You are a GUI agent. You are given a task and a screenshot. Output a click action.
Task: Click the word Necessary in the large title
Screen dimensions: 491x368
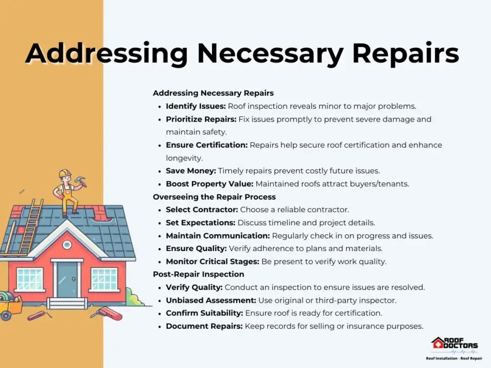pyautogui.click(x=270, y=54)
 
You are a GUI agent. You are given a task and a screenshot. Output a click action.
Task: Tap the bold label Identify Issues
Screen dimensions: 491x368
pyautogui.click(x=196, y=106)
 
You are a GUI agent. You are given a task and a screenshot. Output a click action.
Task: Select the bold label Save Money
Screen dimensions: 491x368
pyautogui.click(x=191, y=171)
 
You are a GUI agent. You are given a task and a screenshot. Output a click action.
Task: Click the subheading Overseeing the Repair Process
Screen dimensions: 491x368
pyautogui.click(x=214, y=197)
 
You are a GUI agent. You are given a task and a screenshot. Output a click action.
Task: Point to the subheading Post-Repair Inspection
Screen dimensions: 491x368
pyautogui.click(x=199, y=274)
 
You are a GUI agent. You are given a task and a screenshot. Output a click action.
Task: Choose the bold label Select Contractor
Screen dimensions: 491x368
pyautogui.click(x=202, y=210)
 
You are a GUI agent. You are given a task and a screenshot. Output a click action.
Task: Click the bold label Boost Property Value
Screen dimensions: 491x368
pyautogui.click(x=210, y=184)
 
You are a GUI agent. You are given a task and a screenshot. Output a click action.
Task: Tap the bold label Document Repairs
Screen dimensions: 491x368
pyautogui.click(x=204, y=326)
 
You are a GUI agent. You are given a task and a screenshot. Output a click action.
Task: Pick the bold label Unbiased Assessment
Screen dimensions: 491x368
pyautogui.click(x=211, y=300)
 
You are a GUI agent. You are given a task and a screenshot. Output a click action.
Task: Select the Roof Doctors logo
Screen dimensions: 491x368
pyautogui.click(x=455, y=344)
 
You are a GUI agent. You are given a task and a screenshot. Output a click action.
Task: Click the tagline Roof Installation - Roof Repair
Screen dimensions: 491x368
pyautogui.click(x=454, y=358)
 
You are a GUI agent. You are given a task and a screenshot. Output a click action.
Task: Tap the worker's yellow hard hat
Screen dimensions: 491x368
pyautogui.click(x=65, y=173)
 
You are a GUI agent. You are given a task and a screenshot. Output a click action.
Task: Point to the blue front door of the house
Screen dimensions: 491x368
pyautogui.click(x=67, y=279)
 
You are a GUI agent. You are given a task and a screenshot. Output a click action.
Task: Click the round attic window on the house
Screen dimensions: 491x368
pyautogui.click(x=67, y=245)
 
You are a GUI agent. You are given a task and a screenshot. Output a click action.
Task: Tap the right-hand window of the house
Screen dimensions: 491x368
pyautogui.click(x=104, y=278)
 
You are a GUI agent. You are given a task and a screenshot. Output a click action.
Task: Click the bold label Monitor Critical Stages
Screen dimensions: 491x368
pyautogui.click(x=212, y=261)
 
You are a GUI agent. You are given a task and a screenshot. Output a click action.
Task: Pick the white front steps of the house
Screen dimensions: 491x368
pyautogui.click(x=67, y=303)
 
